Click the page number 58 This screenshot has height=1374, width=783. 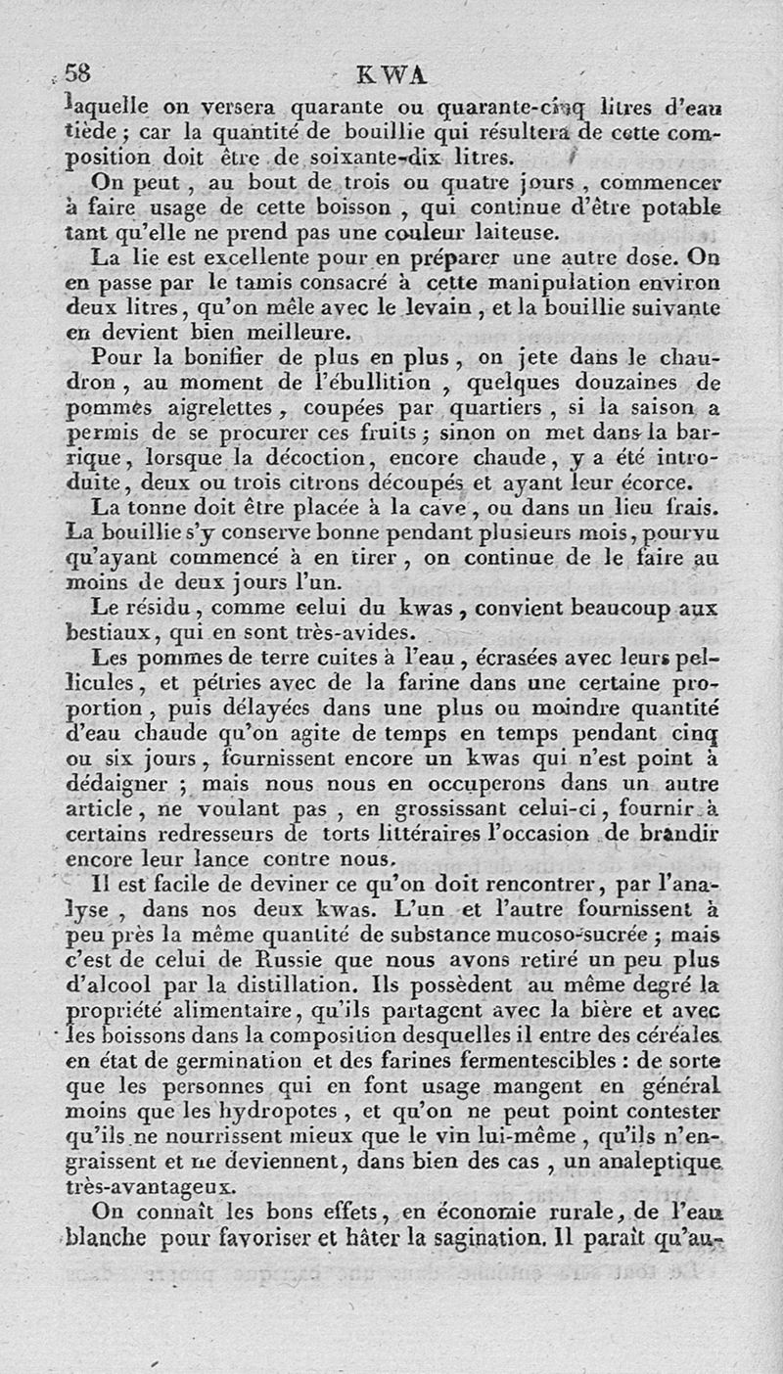coord(76,73)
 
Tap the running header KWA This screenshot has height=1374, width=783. coord(392,75)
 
